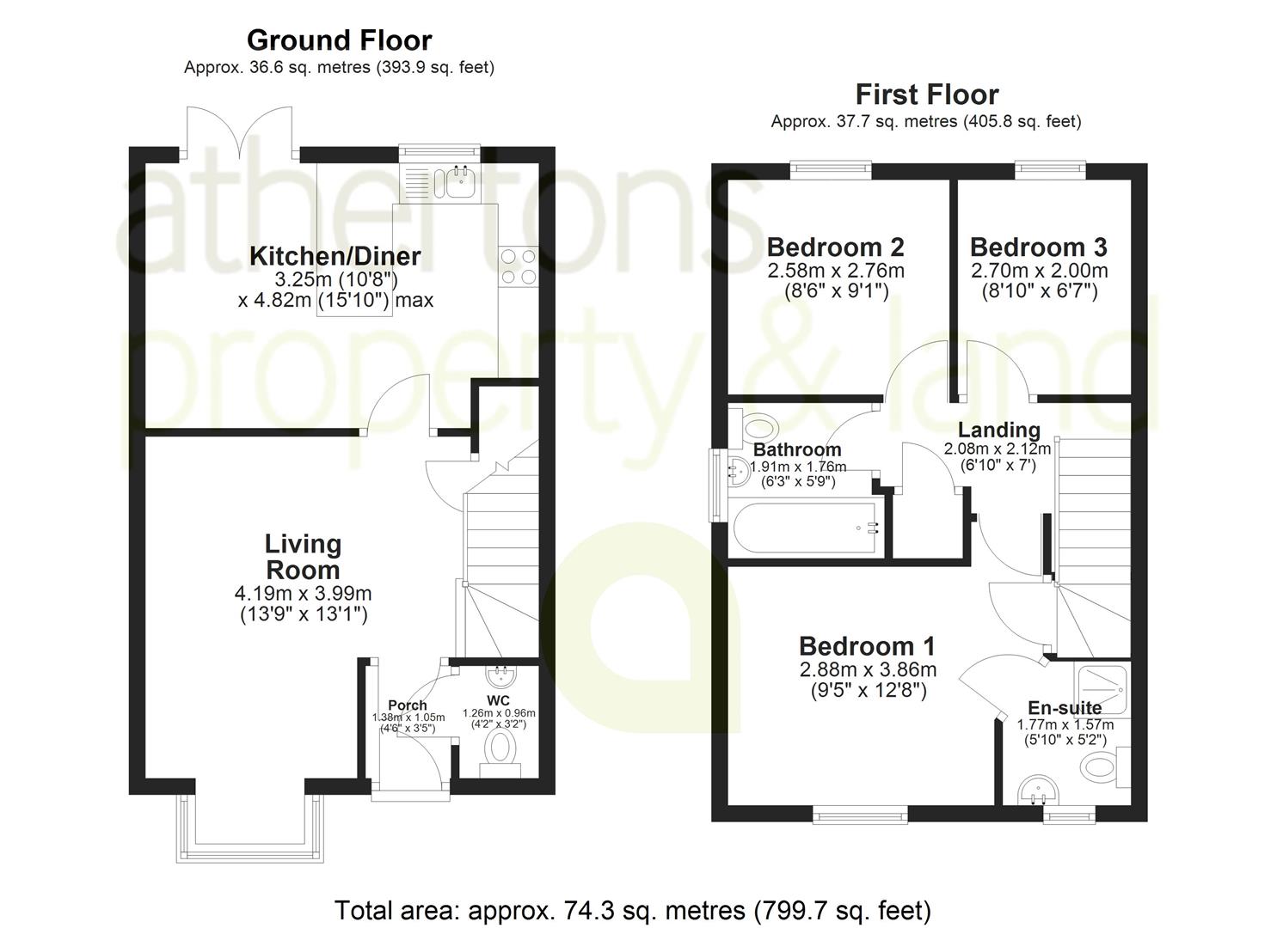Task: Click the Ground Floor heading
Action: pos(339,40)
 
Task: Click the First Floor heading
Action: pos(926,95)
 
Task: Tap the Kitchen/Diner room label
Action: pos(335,256)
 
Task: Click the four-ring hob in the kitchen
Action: pos(518,266)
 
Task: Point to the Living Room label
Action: pos(303,557)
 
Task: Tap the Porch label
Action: pos(407,705)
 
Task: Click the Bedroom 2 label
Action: pos(835,247)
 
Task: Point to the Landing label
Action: pos(998,430)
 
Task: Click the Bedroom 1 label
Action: pos(867,646)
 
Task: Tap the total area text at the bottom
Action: pos(632,910)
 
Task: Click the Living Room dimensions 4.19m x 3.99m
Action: pos(303,594)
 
